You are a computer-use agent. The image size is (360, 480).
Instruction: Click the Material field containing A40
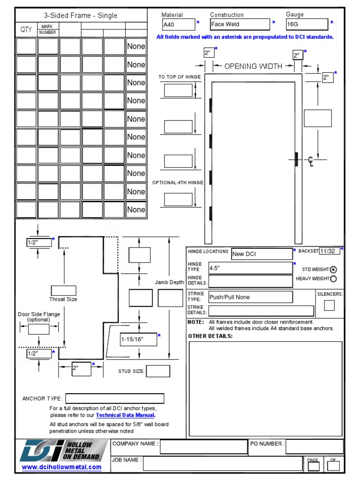coord(178,24)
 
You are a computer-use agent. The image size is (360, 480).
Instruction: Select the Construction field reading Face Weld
coord(240,24)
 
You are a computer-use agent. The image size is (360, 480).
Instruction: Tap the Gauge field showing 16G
coord(307,24)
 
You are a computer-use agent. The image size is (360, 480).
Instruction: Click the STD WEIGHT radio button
coord(333,270)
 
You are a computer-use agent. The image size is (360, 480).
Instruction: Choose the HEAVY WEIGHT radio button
coord(333,279)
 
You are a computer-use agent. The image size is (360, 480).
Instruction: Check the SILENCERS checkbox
coord(330,305)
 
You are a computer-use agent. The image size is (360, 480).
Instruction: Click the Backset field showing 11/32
coord(330,251)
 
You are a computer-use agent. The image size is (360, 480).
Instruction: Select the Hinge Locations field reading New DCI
coord(262,254)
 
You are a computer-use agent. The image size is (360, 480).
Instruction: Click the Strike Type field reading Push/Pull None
coord(250,297)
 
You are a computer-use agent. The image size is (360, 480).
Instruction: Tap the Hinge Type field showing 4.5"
coord(250,268)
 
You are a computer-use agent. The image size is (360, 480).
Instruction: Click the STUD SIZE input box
coord(158,371)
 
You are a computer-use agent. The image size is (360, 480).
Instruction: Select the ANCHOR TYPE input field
coord(114,398)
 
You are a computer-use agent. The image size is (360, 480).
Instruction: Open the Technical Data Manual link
coord(125,415)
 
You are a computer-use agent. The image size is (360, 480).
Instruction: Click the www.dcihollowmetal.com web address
coord(61,467)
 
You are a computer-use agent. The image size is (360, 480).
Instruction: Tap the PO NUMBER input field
coord(314,446)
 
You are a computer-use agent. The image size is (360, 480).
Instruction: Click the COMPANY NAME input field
coord(203,447)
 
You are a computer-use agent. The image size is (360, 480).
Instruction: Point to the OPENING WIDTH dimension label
coord(253,66)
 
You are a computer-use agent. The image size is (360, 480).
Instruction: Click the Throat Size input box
coord(63,291)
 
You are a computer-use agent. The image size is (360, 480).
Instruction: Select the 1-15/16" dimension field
coord(138,339)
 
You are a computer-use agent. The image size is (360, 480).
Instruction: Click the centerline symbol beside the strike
coord(311,162)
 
